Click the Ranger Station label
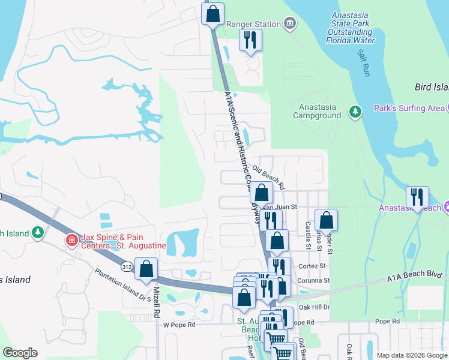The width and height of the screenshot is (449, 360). (253, 24)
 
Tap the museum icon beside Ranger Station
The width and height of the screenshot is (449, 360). (290, 24)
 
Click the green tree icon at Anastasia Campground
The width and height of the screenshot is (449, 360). (355, 111)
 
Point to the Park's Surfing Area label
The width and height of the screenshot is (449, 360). (409, 108)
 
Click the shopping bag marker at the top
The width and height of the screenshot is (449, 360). (213, 13)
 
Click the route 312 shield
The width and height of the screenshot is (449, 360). (127, 267)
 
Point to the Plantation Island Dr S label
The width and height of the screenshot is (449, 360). (123, 284)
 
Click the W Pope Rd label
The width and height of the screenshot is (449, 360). (179, 325)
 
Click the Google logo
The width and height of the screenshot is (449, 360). (20, 353)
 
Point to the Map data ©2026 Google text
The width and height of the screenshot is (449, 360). (411, 355)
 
